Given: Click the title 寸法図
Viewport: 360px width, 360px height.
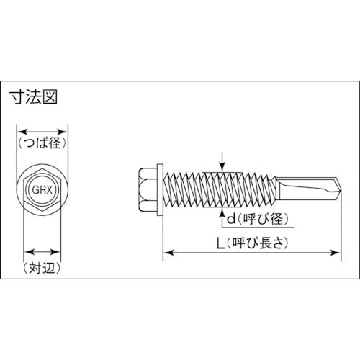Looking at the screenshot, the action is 35,97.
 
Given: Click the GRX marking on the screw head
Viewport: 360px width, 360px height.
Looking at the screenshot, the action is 42,190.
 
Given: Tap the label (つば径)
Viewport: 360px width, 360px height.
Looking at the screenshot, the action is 42,143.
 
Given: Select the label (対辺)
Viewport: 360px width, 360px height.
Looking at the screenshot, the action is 42,268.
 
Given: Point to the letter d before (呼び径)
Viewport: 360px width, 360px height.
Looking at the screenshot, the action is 231,219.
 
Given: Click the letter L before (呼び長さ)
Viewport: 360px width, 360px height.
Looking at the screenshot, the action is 220,243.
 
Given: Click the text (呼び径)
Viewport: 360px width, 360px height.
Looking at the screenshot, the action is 263,219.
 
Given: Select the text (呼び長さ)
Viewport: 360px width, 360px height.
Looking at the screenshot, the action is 257,243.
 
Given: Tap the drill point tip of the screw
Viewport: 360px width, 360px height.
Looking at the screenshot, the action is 341,189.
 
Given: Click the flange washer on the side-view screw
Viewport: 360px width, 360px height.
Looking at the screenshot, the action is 160,189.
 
